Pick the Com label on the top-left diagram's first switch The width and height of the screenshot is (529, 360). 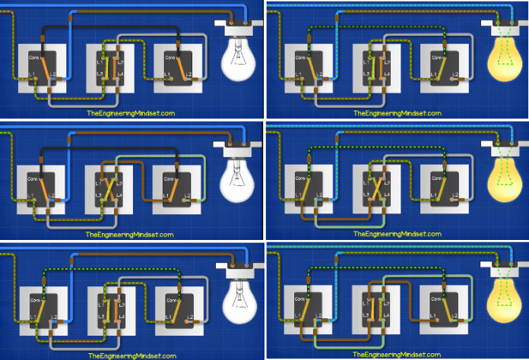tap(33, 57)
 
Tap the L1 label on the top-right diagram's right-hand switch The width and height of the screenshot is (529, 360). tap(431, 74)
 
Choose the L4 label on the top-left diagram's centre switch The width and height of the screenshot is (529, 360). tap(122, 74)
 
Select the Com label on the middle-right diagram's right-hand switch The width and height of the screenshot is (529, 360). tap(431, 175)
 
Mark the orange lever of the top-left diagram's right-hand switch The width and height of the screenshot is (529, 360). tap(176, 65)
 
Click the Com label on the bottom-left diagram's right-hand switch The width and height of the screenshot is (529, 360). tap(166, 296)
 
